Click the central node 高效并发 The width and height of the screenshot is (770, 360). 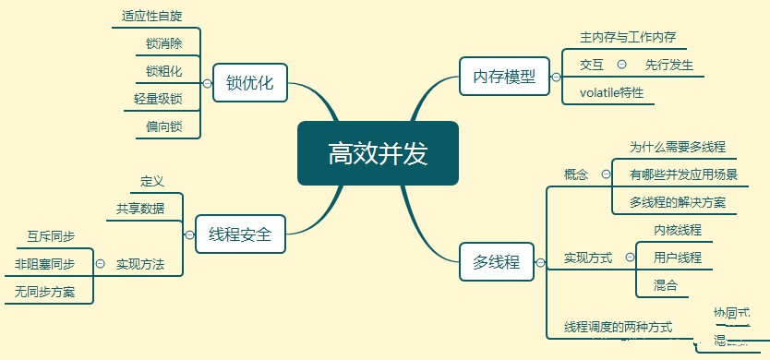[x=378, y=153]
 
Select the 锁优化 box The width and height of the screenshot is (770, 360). [x=249, y=82]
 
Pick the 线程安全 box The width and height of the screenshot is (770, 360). [x=240, y=234]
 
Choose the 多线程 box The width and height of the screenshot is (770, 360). [x=497, y=262]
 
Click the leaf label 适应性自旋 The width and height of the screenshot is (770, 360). [x=152, y=17]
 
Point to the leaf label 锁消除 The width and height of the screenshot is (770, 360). [x=163, y=43]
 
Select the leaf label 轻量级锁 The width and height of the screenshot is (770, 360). [x=158, y=99]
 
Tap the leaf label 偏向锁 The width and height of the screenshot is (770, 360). [x=163, y=126]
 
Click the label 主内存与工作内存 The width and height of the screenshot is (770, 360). [x=628, y=38]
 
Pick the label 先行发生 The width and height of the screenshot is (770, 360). [x=669, y=65]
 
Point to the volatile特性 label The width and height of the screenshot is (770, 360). [x=611, y=92]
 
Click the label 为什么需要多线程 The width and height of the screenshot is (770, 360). [x=678, y=147]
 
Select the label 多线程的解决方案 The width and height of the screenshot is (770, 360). [x=678, y=202]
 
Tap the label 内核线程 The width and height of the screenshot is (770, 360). [x=678, y=230]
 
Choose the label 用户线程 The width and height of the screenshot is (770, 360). [x=678, y=258]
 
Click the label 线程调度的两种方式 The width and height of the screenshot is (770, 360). [x=619, y=327]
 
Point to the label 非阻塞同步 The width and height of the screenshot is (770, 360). [x=45, y=264]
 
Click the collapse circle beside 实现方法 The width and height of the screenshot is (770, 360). [x=99, y=264]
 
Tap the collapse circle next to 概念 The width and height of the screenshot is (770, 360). [x=606, y=174]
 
